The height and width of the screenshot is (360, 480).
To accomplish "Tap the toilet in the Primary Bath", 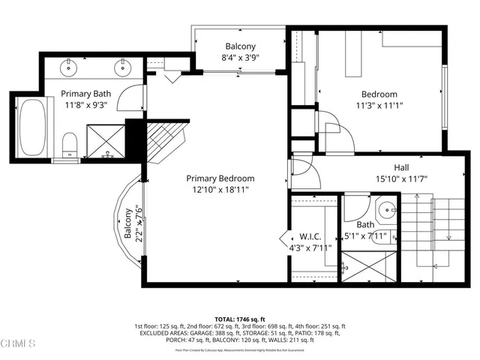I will [68, 142].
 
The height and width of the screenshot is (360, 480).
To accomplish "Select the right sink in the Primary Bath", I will [121, 67].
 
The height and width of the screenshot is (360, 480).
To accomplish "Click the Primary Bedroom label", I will [220, 178].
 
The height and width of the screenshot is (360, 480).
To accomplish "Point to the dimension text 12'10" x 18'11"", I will [220, 190].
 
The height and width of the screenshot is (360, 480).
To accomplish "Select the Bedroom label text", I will [379, 94].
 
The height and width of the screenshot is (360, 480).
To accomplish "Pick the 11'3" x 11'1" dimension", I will [379, 106].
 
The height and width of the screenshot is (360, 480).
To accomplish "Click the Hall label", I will [402, 168].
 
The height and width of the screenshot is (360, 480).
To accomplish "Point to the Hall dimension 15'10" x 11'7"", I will [402, 180].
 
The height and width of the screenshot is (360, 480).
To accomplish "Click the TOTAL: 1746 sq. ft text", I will [239, 319].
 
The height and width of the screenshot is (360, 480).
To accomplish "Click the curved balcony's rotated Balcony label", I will [127, 224].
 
